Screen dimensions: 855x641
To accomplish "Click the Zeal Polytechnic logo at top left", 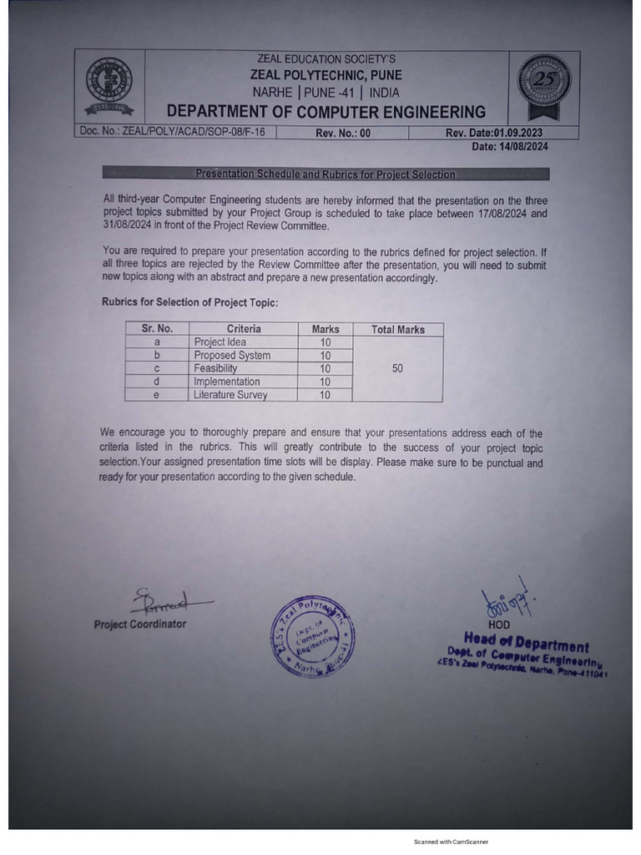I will click(109, 85).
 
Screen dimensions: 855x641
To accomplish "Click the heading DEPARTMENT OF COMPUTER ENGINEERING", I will click(326, 112).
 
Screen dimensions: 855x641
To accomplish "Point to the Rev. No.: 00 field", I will click(342, 133).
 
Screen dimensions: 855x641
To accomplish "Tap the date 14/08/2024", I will click(510, 146).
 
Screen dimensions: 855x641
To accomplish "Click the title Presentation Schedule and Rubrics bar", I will click(326, 175).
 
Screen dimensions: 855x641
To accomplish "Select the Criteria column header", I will click(244, 329).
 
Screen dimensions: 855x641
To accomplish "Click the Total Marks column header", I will click(397, 329).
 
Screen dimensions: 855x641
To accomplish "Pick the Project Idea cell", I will click(220, 342).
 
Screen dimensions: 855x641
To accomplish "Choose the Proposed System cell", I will click(232, 356).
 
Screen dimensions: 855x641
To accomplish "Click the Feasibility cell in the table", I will click(215, 368).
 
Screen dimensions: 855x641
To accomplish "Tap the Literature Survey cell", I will click(230, 395).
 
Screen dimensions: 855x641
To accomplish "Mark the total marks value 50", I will click(397, 368).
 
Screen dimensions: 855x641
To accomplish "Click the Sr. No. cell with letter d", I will click(156, 382).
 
